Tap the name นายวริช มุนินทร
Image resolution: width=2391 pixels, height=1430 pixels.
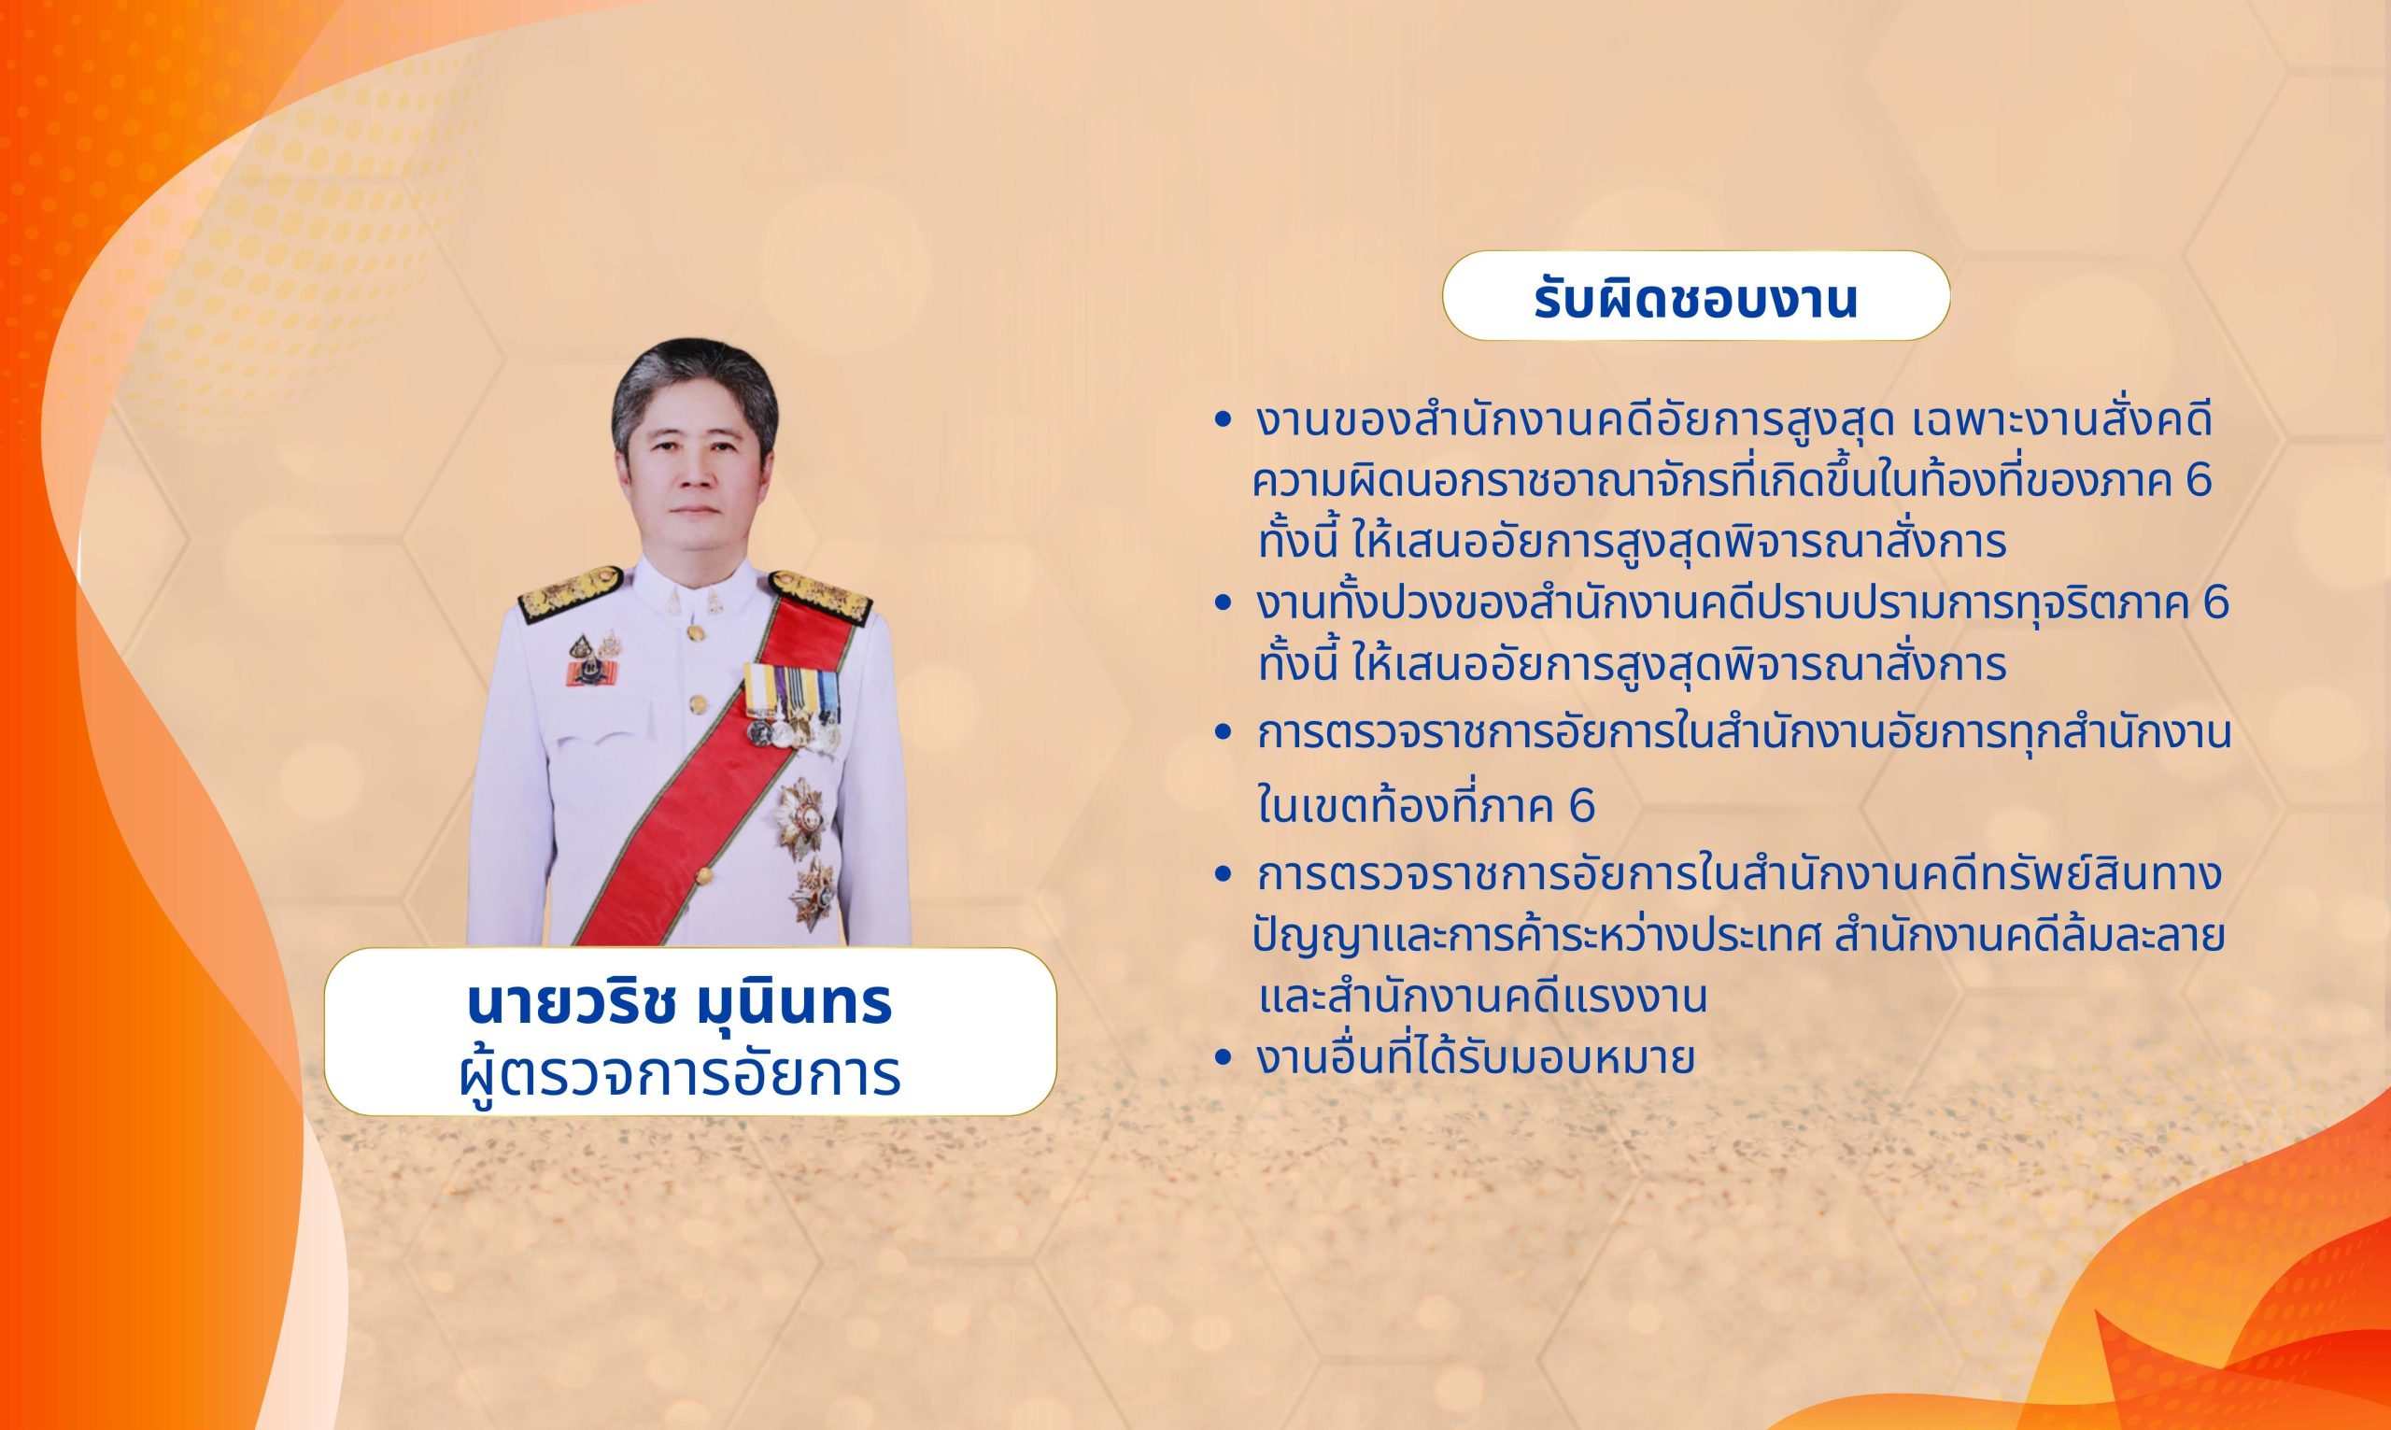[x=679, y=1004]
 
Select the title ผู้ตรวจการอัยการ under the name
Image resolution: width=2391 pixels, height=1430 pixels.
[x=680, y=1073]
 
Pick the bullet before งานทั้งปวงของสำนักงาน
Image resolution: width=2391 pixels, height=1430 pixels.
[x=1224, y=604]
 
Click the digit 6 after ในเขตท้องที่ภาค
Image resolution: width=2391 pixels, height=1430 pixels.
[x=1582, y=808]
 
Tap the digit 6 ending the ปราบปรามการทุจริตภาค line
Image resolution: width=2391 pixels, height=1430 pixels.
[x=2215, y=604]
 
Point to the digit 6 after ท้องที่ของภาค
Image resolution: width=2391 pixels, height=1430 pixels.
[x=2200, y=482]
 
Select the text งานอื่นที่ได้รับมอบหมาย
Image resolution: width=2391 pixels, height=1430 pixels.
[x=1476, y=1057]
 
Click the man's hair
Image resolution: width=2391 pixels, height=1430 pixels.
[x=694, y=381]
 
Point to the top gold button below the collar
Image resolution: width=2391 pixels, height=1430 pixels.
[x=694, y=632]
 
